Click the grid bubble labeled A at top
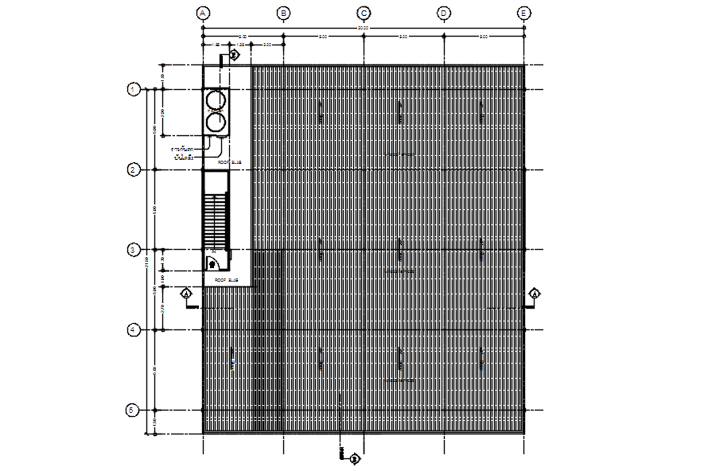tap(203, 13)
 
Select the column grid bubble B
tap(283, 13)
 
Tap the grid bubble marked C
tap(364, 13)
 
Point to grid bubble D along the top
tap(444, 13)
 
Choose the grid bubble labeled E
tap(523, 13)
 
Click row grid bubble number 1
tap(134, 89)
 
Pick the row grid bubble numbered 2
tap(134, 169)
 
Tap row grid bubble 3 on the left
tap(134, 250)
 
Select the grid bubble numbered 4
tap(134, 330)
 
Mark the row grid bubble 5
tap(134, 411)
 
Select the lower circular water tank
tap(216, 122)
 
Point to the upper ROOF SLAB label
tap(228, 162)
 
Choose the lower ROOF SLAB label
tap(227, 280)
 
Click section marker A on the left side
tap(187, 294)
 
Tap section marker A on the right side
tap(535, 294)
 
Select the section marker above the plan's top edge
tap(235, 55)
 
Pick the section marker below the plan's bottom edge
tap(355, 458)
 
